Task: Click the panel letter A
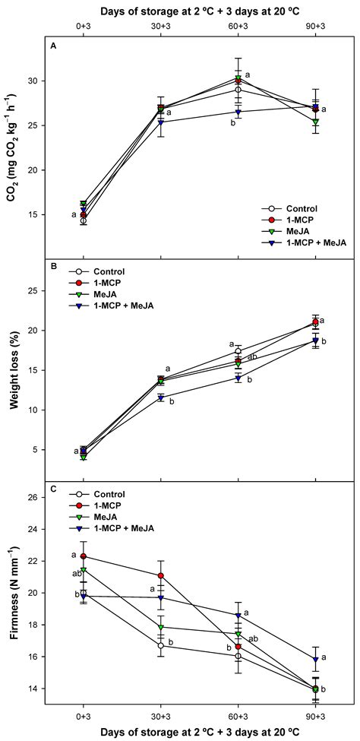point(54,46)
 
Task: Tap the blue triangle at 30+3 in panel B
point(160,397)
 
